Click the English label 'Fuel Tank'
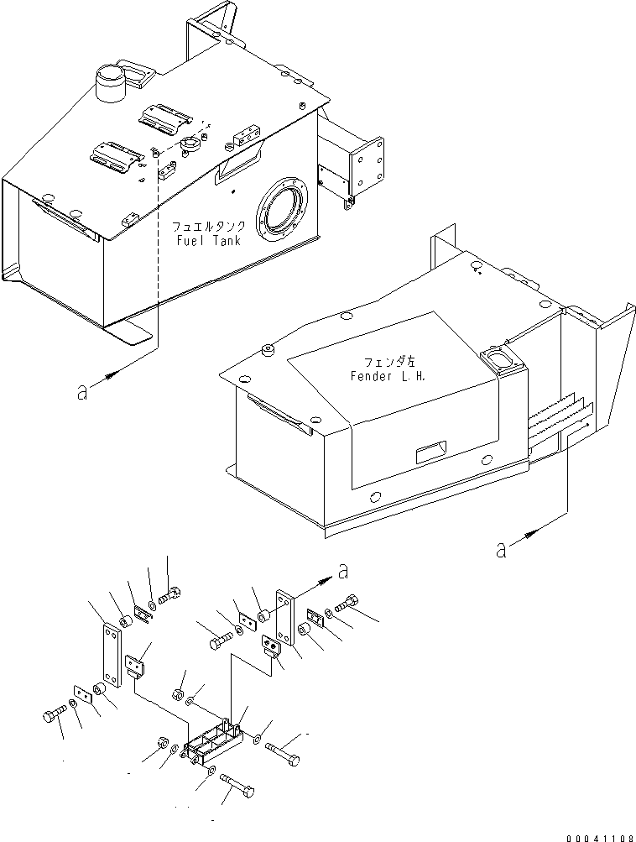tap(208, 241)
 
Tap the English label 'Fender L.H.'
tap(388, 376)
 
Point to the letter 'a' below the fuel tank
tap(81, 392)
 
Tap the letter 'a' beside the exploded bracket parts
tap(341, 571)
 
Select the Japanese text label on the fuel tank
tap(209, 227)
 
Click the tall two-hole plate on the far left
tap(109, 653)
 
